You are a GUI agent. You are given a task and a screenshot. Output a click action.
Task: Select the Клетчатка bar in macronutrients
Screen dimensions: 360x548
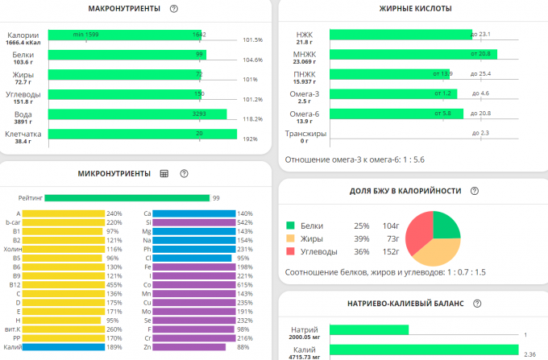[142, 134]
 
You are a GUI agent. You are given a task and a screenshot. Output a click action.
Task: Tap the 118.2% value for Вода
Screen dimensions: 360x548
[252, 118]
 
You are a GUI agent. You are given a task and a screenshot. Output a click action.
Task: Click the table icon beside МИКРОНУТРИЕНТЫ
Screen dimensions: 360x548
[164, 173]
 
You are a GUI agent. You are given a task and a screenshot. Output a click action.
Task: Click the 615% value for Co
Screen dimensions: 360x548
[246, 284]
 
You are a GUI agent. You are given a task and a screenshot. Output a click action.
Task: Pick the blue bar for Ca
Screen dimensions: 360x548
[193, 213]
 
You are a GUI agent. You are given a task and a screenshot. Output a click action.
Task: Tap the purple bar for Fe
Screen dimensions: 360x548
[194, 267]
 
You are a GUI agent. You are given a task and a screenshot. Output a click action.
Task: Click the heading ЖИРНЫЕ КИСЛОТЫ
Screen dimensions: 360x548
[415, 8]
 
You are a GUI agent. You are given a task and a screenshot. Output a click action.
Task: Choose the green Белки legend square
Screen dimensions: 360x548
[291, 226]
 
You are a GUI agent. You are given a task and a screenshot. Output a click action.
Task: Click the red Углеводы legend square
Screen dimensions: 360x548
[291, 251]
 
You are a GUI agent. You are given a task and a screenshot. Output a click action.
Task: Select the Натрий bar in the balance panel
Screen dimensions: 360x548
[369, 330]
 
